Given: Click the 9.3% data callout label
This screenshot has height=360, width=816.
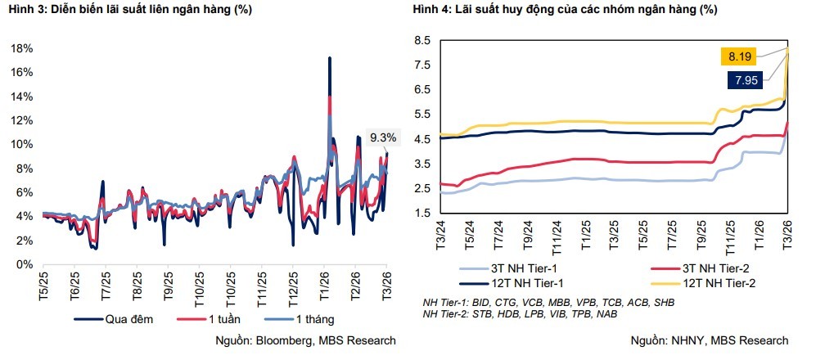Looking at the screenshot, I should pos(383,137).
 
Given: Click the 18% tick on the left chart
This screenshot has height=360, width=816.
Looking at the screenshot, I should pos(22,48).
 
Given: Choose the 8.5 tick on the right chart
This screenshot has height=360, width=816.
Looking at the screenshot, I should pos(422,41).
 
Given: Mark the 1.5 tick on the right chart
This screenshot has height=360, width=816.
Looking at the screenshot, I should pos(422,214).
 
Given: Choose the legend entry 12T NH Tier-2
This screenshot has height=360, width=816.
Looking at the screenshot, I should pos(721,283).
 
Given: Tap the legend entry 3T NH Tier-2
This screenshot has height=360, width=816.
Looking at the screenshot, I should pos(721,268).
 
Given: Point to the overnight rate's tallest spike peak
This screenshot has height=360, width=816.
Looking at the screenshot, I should pos(329,58).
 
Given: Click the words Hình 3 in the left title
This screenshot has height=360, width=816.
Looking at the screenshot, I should pos(27,10).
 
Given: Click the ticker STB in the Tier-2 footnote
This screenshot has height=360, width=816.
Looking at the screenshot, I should pos(485,313).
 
